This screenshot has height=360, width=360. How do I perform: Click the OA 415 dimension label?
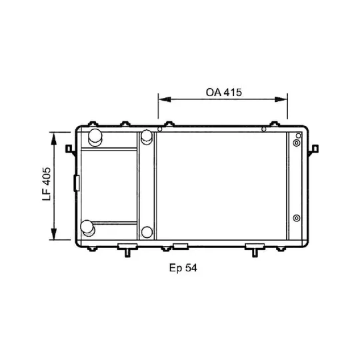[x=224, y=92]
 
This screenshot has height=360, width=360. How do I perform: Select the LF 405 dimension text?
[x=47, y=184]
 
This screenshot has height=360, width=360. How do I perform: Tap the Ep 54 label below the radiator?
[x=183, y=268]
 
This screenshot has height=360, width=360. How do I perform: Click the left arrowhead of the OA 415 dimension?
[x=165, y=99]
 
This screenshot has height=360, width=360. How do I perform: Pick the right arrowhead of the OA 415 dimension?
[x=281, y=99]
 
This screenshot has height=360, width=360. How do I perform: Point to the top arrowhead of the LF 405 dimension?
[x=54, y=139]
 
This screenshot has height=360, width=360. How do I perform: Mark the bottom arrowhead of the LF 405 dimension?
[x=54, y=234]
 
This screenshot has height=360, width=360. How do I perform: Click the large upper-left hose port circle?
[x=95, y=137]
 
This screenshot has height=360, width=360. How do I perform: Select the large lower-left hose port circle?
[x=88, y=228]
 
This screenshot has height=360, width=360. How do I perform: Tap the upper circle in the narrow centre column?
[x=147, y=137]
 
